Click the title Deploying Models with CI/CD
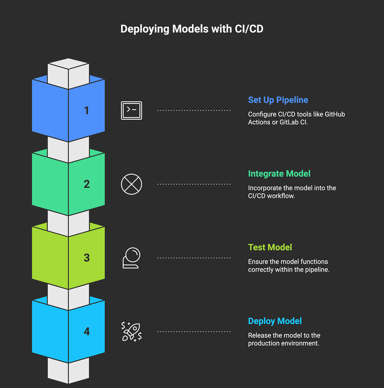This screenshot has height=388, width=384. coord(192,29)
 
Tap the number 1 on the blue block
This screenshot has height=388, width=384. coord(87,110)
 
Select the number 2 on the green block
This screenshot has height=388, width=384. coord(87,184)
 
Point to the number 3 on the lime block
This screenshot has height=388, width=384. coord(87,258)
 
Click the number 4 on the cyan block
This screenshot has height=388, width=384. coord(87,331)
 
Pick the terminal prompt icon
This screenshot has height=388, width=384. coord(131,110)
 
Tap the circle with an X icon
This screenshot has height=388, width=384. coord(131,184)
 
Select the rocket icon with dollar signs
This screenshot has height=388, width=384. coord(131,332)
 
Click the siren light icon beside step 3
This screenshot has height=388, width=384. coord(131,258)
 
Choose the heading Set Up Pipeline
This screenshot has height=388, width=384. coord(278,100)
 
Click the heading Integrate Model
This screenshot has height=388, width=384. coord(279,174)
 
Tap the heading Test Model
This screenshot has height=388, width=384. coord(270,247)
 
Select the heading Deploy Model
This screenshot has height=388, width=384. coord(275,321)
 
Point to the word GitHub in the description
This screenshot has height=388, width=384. coord(335,114)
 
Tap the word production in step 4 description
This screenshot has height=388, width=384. coord(264,343)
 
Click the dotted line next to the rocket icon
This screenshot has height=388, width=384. coord(194,332)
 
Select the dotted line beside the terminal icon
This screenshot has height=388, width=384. coord(194,110)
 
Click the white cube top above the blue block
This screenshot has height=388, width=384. coord(68,64)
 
